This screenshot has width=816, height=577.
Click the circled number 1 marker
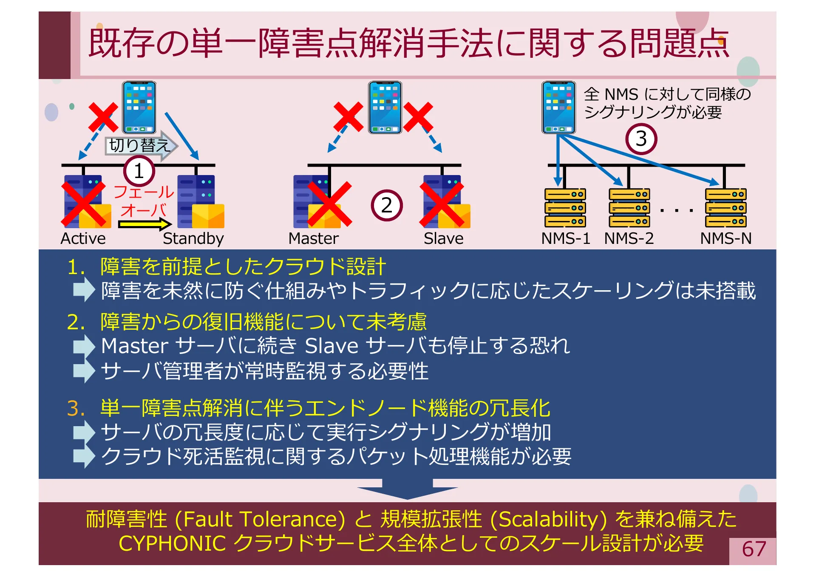tap(139, 171)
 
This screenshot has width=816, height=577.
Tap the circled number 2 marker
tap(386, 206)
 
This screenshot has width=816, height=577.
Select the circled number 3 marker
tap(641, 139)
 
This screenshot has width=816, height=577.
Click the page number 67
tap(754, 549)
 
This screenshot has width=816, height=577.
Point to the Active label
tap(83, 238)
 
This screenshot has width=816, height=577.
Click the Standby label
tap(193, 238)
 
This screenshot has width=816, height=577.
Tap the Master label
tap(313, 238)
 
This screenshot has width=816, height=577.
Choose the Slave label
tap(443, 238)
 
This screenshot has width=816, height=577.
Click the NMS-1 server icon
tap(565, 208)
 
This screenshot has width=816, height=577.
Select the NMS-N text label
tap(725, 238)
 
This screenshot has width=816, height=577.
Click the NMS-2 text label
tap(629, 238)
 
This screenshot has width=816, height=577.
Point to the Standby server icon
tap(200, 202)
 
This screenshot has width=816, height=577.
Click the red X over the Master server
tap(329, 204)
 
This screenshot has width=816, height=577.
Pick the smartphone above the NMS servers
tap(558, 107)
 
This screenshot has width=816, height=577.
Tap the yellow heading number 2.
tap(76, 322)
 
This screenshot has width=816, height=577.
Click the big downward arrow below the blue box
tap(407, 489)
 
